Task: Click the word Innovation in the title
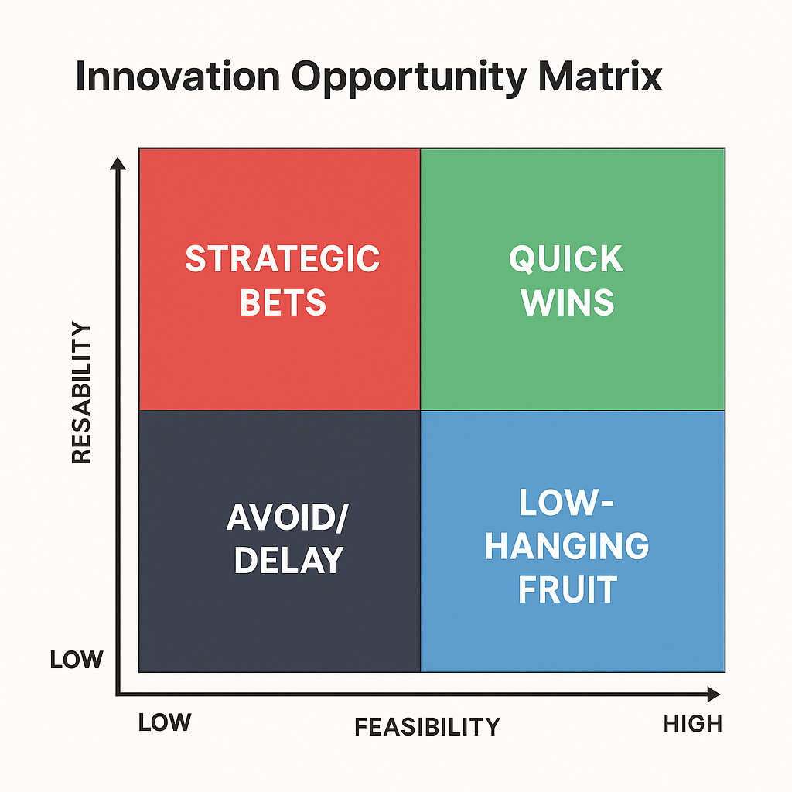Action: pos(178,77)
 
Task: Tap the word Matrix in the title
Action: pos(600,77)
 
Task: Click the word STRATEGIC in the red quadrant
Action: pos(282,258)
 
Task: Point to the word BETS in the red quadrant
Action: pos(283,302)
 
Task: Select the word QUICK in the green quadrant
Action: pos(566,259)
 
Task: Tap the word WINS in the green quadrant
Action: pos(567,302)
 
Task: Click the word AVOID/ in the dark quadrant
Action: pos(288,517)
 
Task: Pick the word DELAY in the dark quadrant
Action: pos(289,560)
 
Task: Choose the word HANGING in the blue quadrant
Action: pos(567,546)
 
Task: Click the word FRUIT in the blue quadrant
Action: pos(567,589)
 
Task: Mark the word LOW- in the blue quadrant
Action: pos(566,502)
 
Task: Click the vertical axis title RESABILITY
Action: pos(81,392)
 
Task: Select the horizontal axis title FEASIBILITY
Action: pos(427,727)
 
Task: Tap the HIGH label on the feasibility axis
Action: pos(692,724)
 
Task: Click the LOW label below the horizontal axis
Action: pos(165,722)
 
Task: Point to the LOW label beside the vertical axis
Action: pos(77,660)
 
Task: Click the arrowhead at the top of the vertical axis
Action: pos(118,164)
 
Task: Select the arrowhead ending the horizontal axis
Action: pos(713,694)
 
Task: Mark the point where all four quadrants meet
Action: pos(420,410)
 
